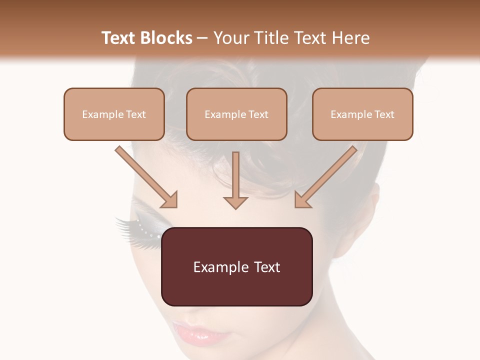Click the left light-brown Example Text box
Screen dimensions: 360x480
pos(114,114)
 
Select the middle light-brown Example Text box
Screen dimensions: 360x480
pos(236,114)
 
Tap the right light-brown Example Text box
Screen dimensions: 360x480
pos(362,114)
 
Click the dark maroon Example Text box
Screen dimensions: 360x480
pos(236,266)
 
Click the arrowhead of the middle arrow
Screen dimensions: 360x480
pos(235,202)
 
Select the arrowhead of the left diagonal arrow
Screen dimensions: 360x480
pos(170,199)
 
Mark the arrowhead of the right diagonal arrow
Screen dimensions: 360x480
pos(302,199)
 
